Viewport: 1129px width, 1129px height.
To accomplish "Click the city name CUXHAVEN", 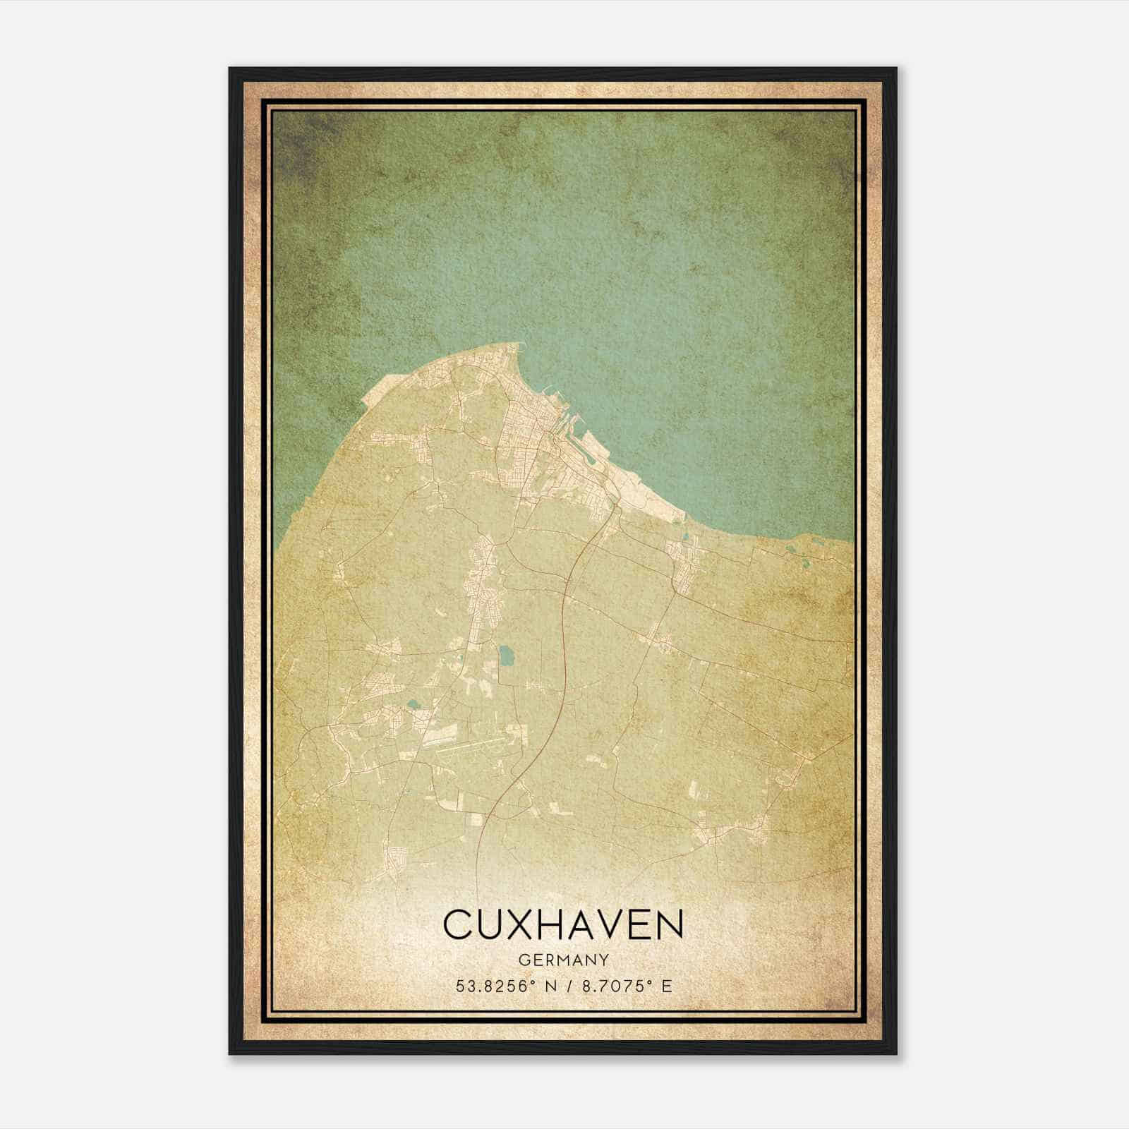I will tap(563, 924).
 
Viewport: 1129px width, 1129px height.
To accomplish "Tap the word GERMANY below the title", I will tap(563, 960).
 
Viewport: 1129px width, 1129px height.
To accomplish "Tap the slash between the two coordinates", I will tap(568, 986).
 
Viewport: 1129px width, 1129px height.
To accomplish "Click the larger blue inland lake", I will tap(506, 658).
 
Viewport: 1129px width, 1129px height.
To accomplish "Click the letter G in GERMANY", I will tap(523, 960).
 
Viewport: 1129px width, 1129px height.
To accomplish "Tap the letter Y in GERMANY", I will tap(605, 960).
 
